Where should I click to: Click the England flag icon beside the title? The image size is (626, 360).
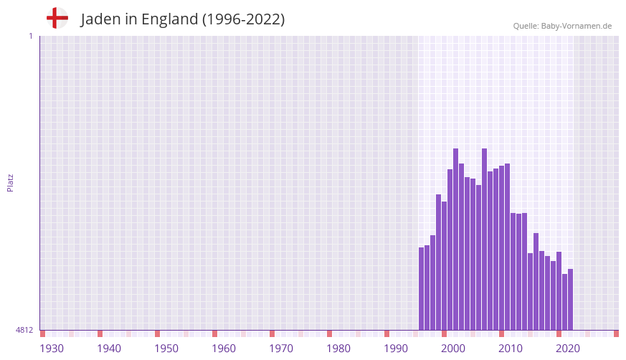(57, 18)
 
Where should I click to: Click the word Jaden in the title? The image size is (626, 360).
(100, 19)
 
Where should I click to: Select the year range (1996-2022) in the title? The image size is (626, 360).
(243, 19)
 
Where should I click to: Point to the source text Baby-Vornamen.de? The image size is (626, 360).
(576, 26)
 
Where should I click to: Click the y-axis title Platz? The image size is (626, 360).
(10, 182)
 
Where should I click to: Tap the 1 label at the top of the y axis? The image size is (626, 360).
(30, 36)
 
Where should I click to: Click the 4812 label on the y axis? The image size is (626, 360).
(24, 330)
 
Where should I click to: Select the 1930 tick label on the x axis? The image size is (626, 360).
(52, 349)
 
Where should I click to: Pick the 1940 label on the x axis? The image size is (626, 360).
(109, 349)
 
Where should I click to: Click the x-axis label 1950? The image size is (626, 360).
(166, 349)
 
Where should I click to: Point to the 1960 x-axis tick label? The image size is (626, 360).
(224, 349)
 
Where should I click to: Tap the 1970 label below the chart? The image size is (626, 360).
(281, 349)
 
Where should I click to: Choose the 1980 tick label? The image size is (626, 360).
(338, 349)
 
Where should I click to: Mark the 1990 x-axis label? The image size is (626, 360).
(396, 349)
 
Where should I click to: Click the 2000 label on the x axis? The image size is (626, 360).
(453, 349)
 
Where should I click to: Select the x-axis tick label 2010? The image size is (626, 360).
(511, 349)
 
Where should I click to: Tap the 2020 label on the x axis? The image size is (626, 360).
(568, 349)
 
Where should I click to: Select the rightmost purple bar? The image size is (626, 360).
(570, 299)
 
